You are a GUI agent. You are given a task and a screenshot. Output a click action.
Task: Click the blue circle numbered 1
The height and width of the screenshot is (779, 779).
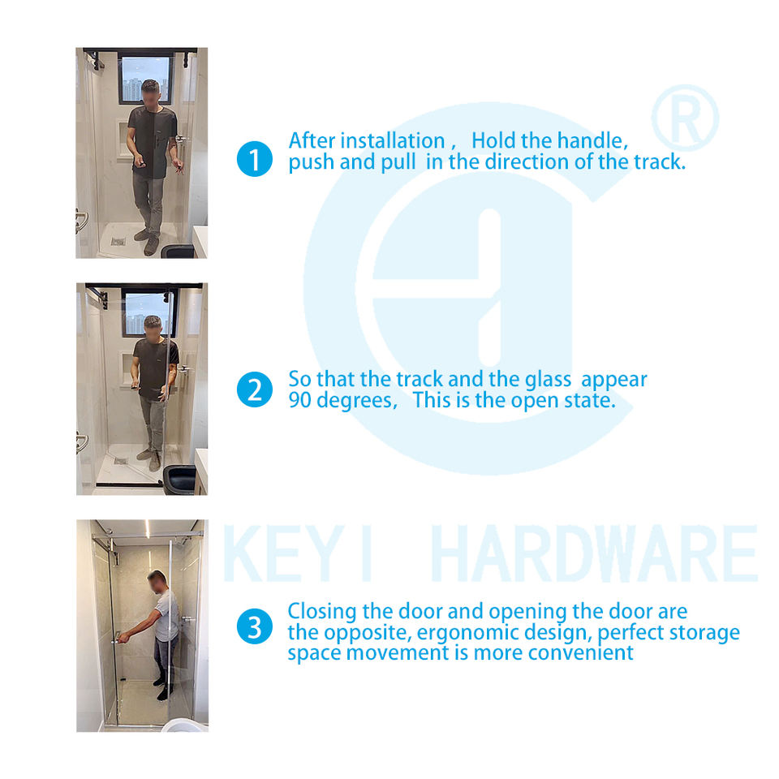point(254,159)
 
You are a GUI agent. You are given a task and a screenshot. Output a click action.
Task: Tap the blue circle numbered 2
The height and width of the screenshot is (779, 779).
point(254,389)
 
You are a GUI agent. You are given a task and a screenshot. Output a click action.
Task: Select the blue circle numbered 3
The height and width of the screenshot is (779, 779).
point(254,626)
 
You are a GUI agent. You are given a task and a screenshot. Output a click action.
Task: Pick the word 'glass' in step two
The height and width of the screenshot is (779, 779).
point(549,380)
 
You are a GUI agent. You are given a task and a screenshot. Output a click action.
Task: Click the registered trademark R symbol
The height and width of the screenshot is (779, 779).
point(685,118)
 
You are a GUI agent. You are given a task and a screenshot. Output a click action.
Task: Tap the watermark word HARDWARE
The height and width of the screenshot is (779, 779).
point(594,553)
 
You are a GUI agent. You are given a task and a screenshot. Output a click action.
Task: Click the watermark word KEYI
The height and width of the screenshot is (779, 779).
point(297,553)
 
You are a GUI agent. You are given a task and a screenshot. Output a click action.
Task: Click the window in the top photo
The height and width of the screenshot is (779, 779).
point(145,79)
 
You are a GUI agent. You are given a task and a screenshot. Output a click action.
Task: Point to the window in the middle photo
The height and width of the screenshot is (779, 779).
point(148,312)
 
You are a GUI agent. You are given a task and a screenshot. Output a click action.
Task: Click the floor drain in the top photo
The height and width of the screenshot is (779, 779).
point(118,242)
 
